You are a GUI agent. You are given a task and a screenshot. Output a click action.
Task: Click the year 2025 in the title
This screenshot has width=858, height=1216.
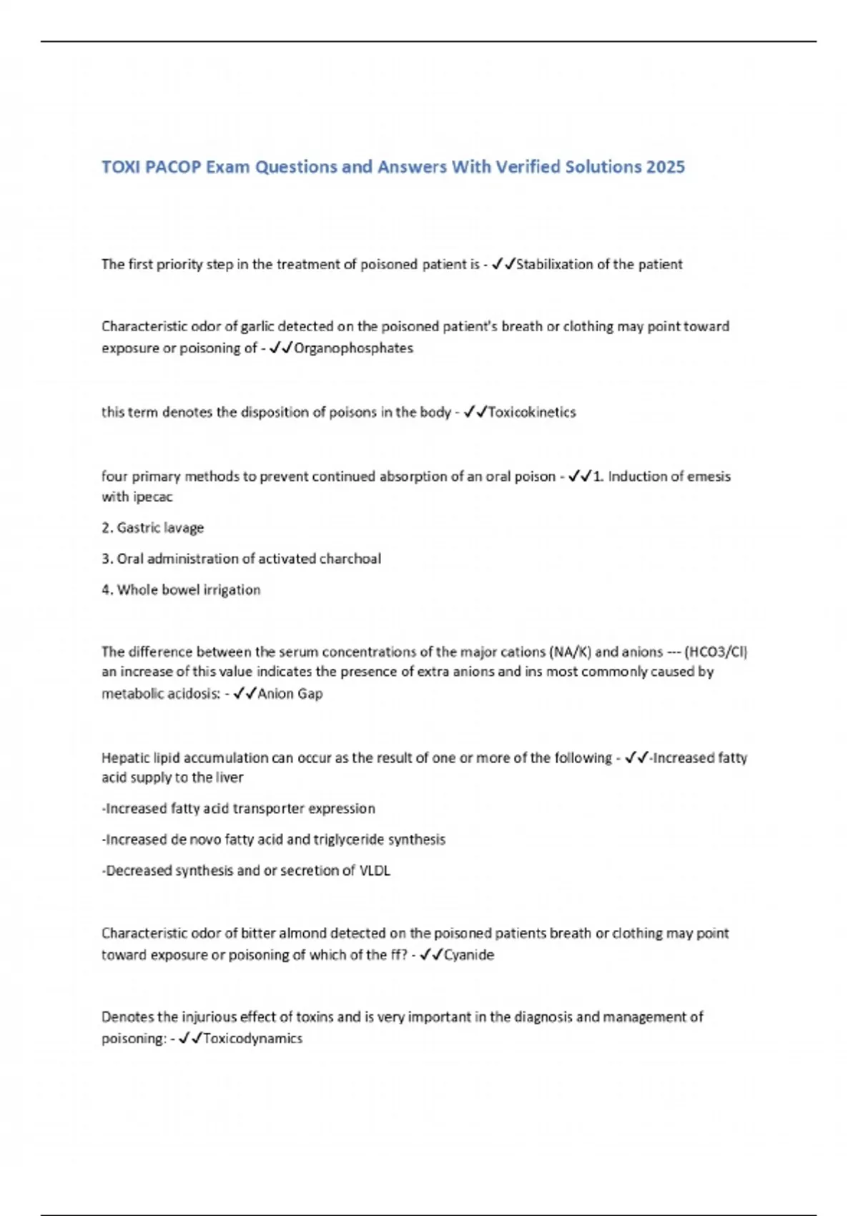tap(665, 167)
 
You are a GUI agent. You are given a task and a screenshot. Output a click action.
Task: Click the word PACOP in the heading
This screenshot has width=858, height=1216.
tap(172, 167)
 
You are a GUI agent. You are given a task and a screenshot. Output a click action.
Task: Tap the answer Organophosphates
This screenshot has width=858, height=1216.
tap(353, 348)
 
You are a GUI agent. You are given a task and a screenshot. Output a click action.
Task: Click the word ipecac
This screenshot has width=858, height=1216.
tap(154, 496)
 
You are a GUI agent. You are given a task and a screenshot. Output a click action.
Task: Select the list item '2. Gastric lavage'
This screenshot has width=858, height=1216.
tap(152, 528)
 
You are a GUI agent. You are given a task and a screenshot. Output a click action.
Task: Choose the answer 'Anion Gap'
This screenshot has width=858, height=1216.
tap(290, 694)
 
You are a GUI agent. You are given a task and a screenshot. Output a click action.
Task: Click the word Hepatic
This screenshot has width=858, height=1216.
tap(124, 757)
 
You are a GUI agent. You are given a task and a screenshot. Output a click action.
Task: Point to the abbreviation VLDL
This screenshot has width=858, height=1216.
tap(375, 871)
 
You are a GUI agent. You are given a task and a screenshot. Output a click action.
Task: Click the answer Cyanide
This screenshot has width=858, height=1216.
tap(469, 955)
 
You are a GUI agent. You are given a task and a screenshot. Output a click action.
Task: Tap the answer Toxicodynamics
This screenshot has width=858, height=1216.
tap(252, 1039)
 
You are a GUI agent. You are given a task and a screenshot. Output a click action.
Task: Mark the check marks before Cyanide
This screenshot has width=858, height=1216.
tap(431, 955)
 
